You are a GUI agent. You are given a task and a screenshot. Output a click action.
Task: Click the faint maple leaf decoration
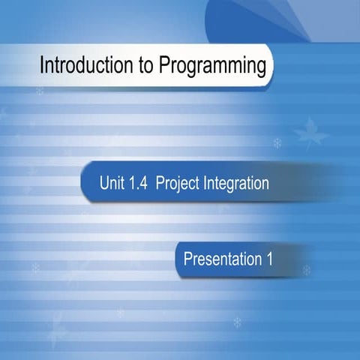coord(310,133)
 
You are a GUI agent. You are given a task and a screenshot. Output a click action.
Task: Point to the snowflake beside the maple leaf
coord(277,142)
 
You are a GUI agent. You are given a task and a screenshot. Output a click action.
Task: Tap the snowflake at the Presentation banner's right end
coord(306,269)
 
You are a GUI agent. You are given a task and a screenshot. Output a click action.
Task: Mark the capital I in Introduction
coord(42,67)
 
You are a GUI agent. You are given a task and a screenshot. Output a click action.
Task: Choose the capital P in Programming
coord(163,67)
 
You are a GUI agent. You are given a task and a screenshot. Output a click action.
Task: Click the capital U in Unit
coord(103,183)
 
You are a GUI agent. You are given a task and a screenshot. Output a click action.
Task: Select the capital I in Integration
coord(205,183)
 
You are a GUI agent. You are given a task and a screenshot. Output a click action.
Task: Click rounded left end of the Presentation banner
coord(179,260)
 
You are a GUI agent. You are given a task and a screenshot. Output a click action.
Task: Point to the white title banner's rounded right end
coord(270,66)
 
